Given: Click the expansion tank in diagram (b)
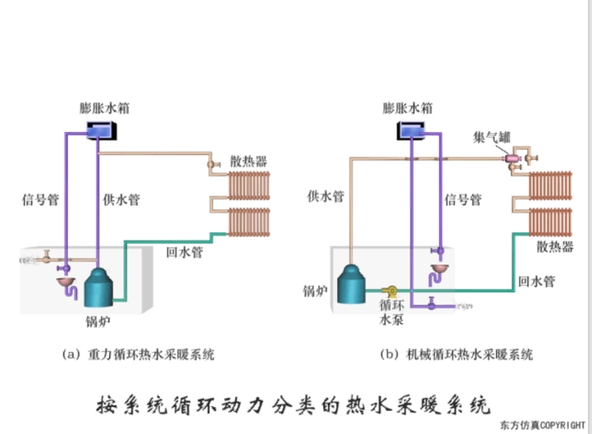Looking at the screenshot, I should [x=414, y=130].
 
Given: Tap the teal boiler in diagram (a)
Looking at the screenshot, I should [x=100, y=288].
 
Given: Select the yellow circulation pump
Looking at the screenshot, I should [x=389, y=290].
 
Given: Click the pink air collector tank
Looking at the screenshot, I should [x=513, y=159].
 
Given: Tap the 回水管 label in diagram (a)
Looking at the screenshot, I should [x=185, y=252].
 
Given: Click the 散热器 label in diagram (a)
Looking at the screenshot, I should [x=248, y=161].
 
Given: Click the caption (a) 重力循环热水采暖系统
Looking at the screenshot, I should [x=138, y=355].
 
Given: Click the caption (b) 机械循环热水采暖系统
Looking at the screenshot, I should [x=456, y=355].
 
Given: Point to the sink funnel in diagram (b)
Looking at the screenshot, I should [x=440, y=270].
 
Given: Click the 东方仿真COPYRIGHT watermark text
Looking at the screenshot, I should [x=543, y=425].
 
